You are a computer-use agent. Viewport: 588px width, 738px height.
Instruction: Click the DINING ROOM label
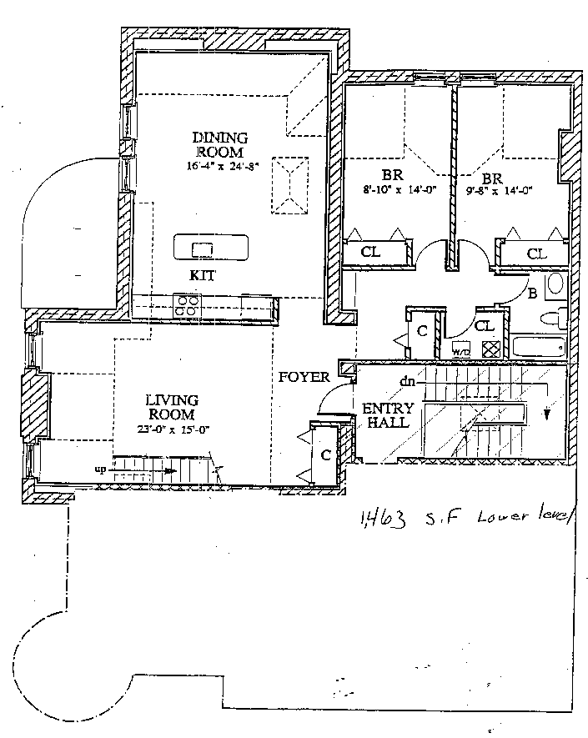(x=219, y=145)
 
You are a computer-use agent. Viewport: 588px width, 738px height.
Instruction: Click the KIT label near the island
(x=203, y=275)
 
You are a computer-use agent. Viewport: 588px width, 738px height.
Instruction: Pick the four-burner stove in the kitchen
(x=185, y=304)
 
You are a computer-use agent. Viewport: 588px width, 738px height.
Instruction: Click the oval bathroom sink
(x=555, y=286)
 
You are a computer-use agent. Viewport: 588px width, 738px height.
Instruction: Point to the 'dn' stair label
(x=407, y=381)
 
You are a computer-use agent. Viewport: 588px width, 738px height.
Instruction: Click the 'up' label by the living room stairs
(x=99, y=469)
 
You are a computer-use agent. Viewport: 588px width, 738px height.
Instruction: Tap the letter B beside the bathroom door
(x=531, y=293)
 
